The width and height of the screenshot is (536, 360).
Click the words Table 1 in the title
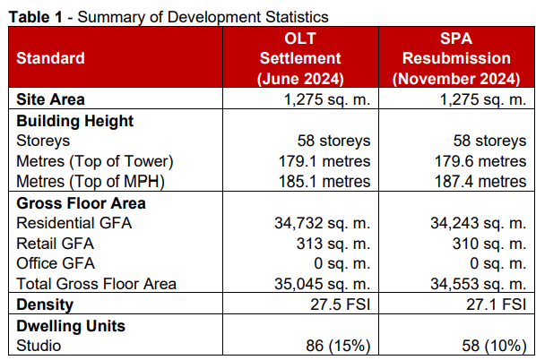(x=36, y=17)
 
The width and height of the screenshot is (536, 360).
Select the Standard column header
(x=50, y=58)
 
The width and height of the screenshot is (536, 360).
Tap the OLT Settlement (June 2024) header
(x=300, y=58)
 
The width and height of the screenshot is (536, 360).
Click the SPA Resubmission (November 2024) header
(x=456, y=58)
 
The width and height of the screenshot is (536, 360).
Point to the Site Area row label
(x=50, y=99)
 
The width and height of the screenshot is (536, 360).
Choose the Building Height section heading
(x=75, y=121)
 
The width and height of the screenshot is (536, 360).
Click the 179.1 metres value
(x=324, y=161)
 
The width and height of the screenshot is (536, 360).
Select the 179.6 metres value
(x=480, y=161)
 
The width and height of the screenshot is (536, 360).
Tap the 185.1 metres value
(x=324, y=182)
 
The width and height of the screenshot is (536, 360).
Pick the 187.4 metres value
(x=480, y=182)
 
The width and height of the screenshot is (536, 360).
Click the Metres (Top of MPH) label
(x=91, y=182)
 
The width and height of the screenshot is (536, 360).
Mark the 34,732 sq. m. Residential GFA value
(x=323, y=223)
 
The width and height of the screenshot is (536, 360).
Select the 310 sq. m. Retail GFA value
(x=489, y=244)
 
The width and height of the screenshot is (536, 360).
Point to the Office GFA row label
(x=56, y=263)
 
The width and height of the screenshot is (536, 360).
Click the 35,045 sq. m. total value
(x=323, y=284)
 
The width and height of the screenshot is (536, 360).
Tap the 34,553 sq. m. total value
(x=479, y=284)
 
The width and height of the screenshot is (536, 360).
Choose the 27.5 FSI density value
(x=340, y=304)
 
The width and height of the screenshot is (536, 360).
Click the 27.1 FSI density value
(x=497, y=304)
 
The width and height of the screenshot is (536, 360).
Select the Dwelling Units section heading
(x=71, y=326)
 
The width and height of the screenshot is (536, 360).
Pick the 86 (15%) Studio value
(x=338, y=346)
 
